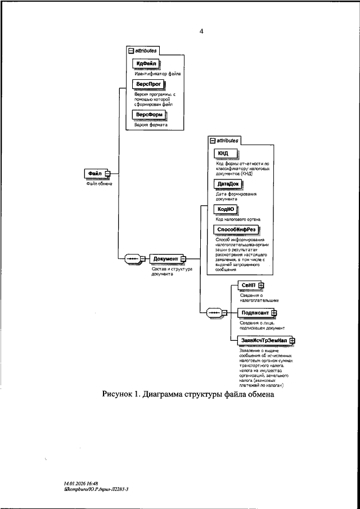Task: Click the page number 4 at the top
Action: point(201,31)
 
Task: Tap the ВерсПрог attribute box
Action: point(146,84)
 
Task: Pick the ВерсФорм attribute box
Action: point(147,115)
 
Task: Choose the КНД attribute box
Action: point(223,153)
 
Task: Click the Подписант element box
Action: point(254,312)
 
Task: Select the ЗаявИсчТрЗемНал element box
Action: point(263,340)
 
